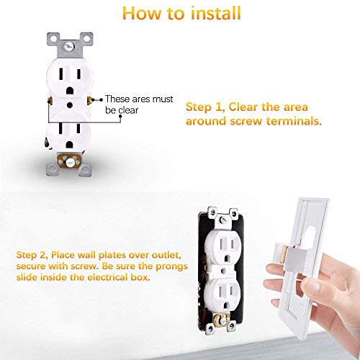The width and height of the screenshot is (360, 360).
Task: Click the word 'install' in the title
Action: [x=210, y=12]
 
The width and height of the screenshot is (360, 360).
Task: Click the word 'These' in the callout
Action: [x=118, y=99]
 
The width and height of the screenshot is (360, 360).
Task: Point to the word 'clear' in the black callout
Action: [x=130, y=110]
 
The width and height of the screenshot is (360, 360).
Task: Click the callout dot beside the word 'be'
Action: [x=101, y=110]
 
